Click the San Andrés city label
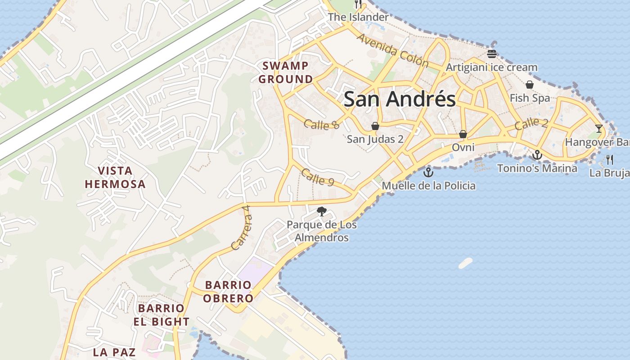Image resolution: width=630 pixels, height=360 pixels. point(400,99)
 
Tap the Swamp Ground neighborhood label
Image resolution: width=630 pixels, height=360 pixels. point(286,72)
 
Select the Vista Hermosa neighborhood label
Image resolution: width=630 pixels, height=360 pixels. point(115,177)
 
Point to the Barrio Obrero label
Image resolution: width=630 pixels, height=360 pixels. point(228,292)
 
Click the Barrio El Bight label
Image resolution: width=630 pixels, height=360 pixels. point(161,315)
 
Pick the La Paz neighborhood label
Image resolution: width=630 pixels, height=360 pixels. point(114,352)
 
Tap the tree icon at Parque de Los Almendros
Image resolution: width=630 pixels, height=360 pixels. point(322,211)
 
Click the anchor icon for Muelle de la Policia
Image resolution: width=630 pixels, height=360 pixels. point(428,172)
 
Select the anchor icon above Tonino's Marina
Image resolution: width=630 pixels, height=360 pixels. point(537,155)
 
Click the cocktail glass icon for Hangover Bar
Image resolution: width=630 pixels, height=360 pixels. point(598,129)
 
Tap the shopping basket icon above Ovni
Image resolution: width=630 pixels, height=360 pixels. point(463,134)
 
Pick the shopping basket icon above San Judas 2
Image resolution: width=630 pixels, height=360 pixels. point(375,126)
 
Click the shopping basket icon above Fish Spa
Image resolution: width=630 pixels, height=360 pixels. point(530,85)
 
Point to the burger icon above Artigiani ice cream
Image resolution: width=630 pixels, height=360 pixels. point(491,54)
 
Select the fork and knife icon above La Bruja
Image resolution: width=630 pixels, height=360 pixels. point(610,159)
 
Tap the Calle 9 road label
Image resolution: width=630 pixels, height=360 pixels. point(318,177)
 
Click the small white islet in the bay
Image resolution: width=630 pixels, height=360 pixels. point(465,263)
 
